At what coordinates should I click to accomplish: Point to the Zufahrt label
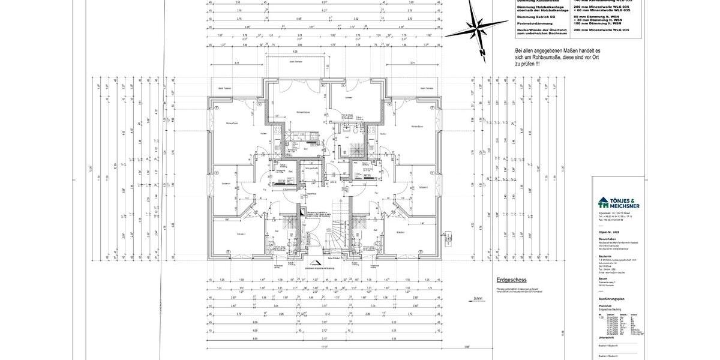click(478, 298)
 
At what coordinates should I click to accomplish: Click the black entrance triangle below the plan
click(313, 262)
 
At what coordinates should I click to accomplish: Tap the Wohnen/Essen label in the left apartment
click(232, 124)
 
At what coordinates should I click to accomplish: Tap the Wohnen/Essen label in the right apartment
click(418, 127)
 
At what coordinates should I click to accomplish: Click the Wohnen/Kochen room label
click(302, 112)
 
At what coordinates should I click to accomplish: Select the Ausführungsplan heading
click(611, 298)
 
